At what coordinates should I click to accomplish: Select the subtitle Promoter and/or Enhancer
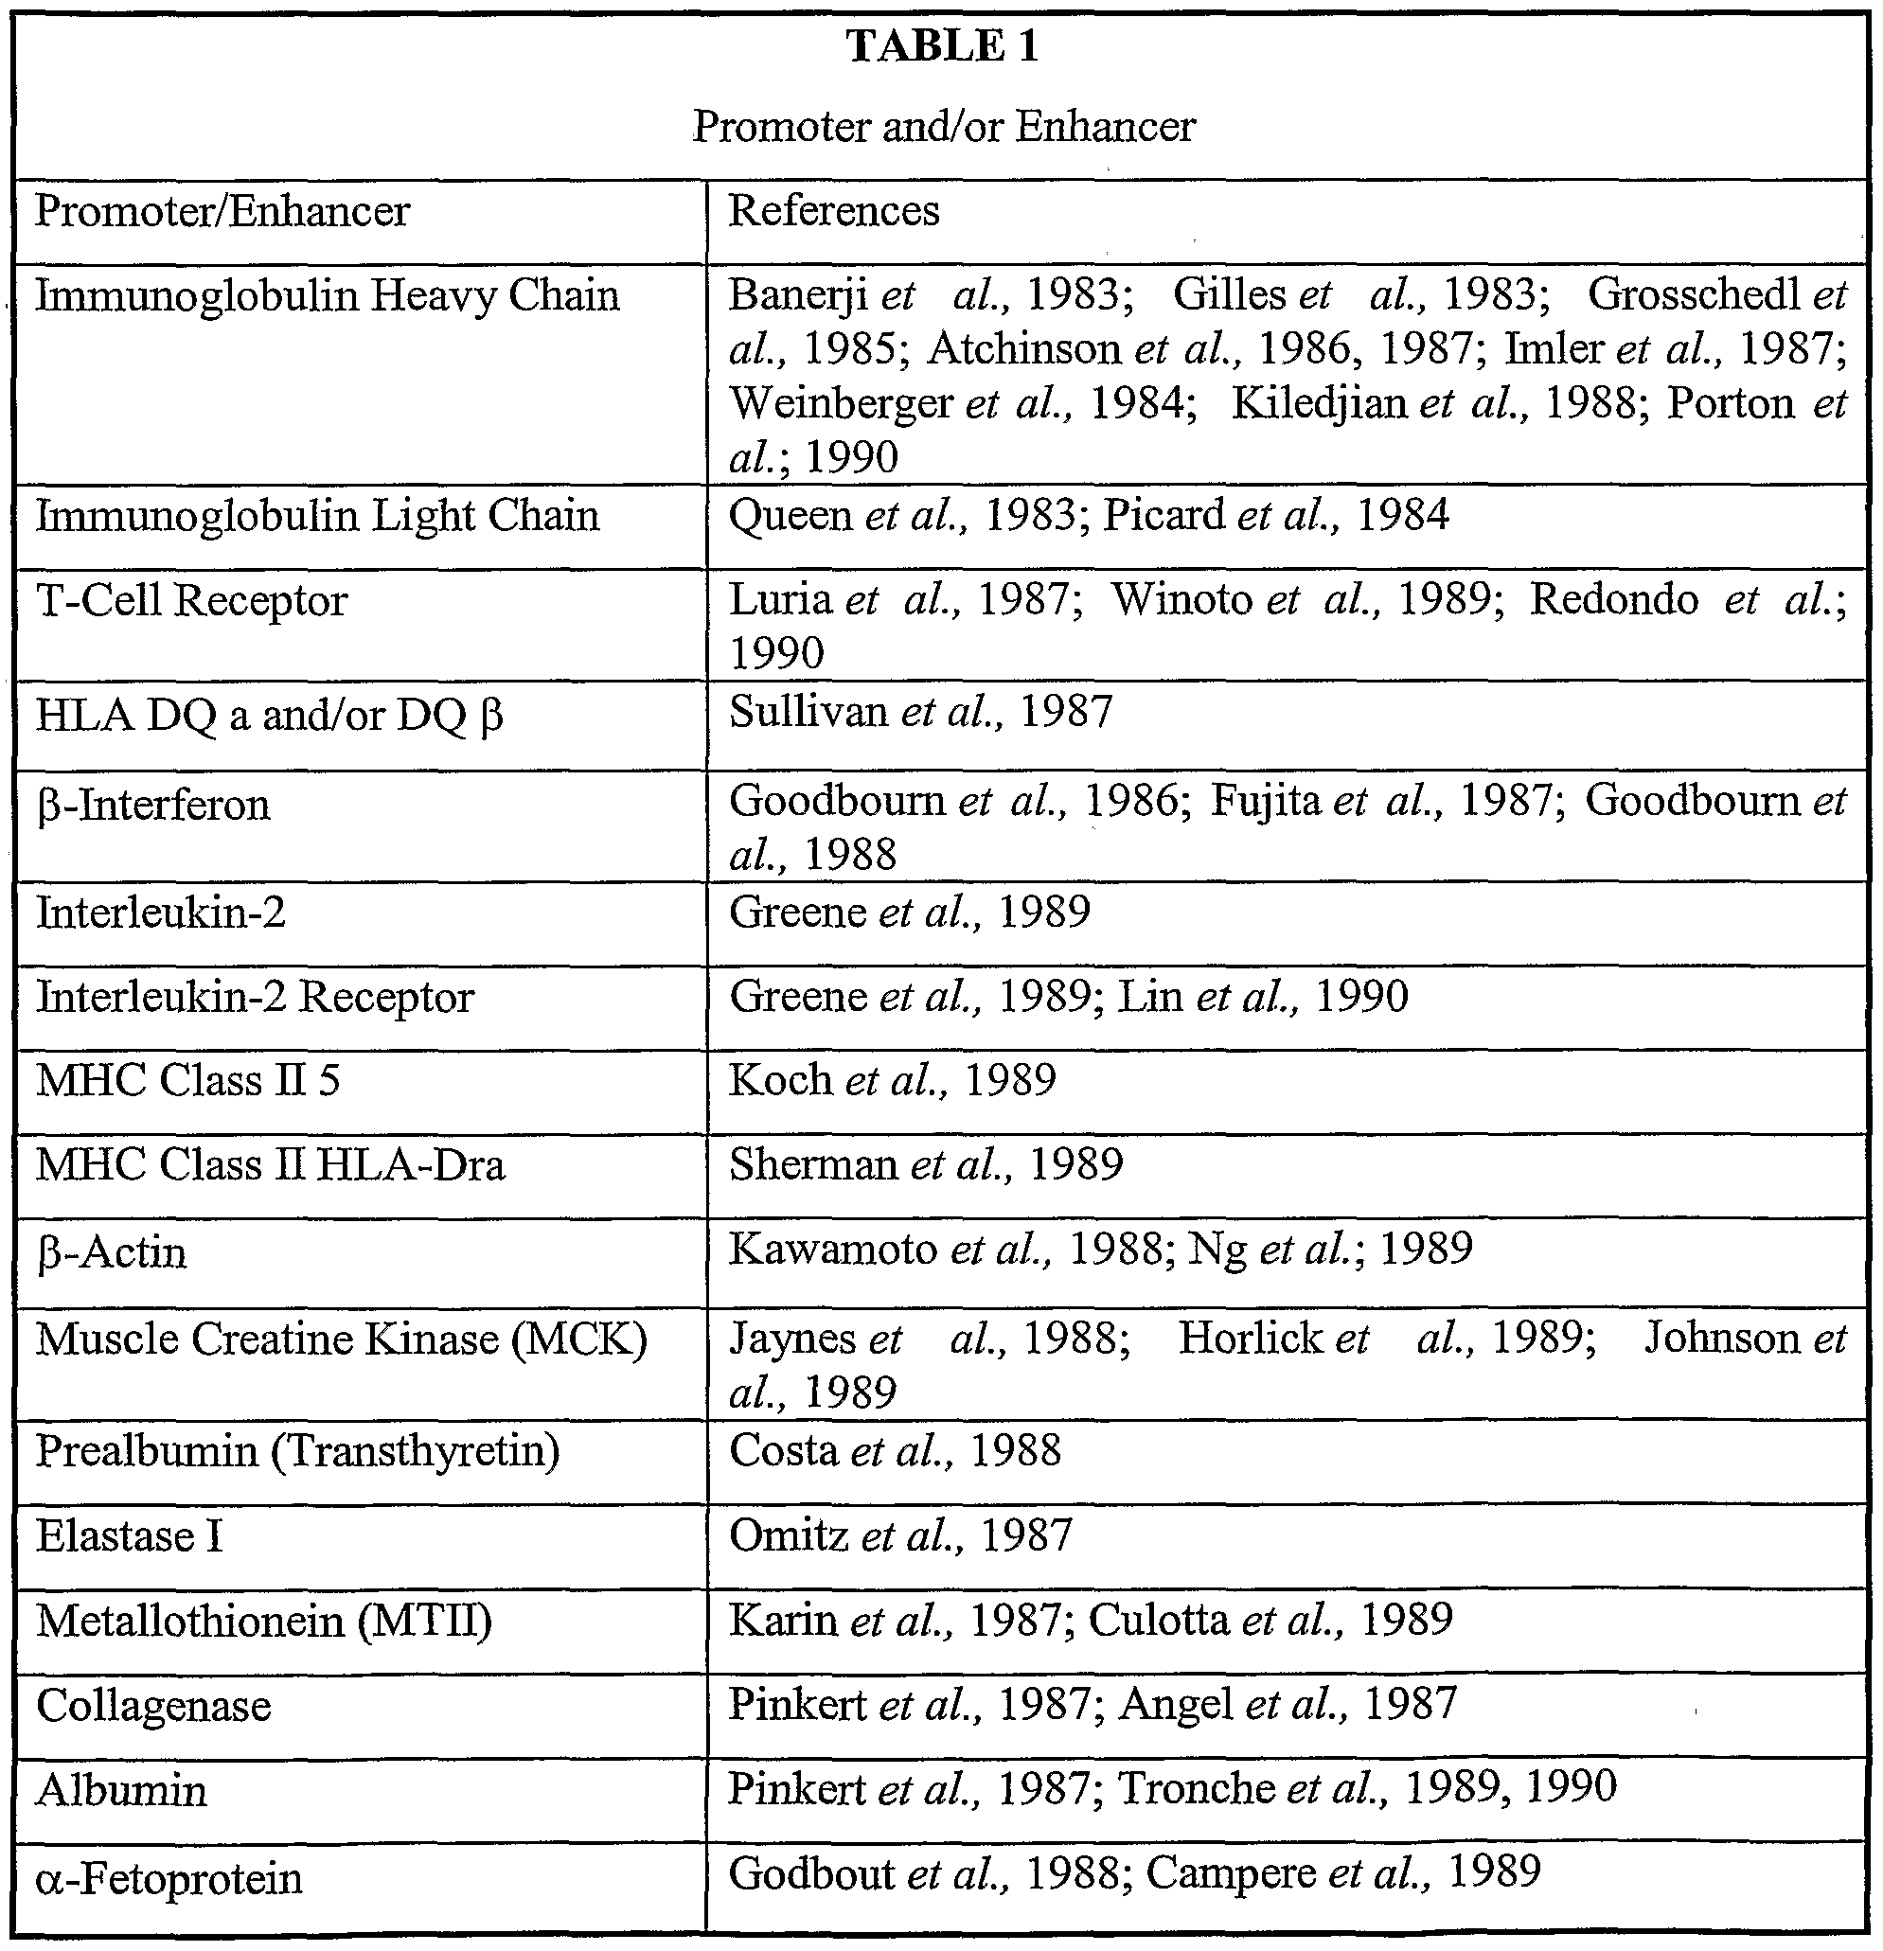[943, 127]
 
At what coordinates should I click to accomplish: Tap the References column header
[833, 211]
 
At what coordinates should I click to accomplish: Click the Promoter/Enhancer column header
[222, 211]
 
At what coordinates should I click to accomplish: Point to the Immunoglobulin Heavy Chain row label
[328, 295]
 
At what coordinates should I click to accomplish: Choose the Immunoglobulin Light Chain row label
[317, 516]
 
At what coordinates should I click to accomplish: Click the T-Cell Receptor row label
[191, 600]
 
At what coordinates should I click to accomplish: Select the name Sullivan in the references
[808, 712]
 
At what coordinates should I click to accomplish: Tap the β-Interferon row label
[152, 805]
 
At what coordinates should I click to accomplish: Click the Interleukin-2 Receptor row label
[255, 997]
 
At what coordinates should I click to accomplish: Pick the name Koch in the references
[779, 1080]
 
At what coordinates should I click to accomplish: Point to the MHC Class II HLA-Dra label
[270, 1164]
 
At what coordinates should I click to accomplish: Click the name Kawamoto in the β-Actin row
[832, 1249]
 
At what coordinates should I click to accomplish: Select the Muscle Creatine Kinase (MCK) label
[342, 1339]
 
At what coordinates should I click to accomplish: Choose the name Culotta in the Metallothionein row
[1158, 1620]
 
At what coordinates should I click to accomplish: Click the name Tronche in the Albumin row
[1196, 1788]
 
